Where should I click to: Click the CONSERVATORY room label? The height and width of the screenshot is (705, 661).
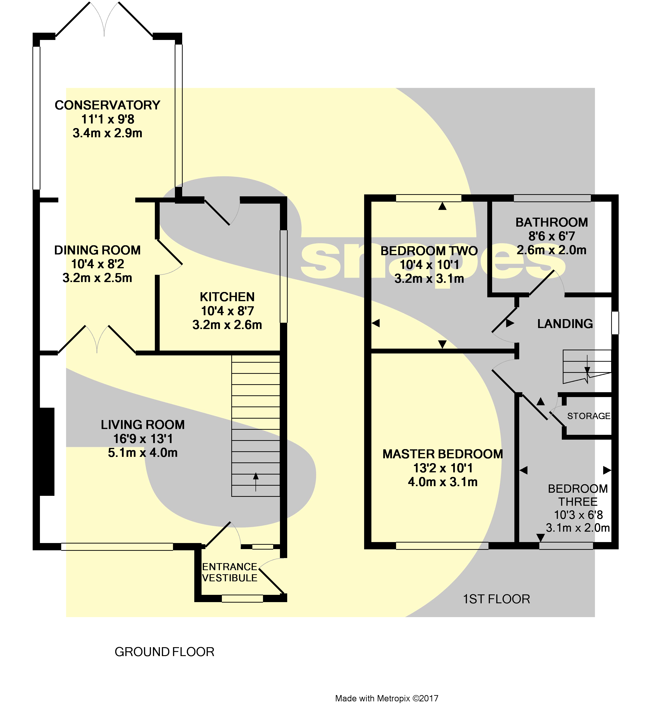click(x=107, y=105)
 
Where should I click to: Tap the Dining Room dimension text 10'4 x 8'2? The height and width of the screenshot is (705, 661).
click(x=98, y=264)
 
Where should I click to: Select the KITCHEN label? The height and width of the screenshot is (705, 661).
click(x=227, y=297)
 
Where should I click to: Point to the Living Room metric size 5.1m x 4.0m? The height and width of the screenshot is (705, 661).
click(x=143, y=453)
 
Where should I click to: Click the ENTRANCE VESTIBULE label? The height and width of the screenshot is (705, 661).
click(x=229, y=572)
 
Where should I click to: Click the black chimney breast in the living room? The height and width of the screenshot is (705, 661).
click(x=47, y=452)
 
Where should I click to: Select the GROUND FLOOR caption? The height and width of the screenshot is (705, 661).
click(x=165, y=652)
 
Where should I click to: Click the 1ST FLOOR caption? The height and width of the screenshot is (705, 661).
click(x=496, y=599)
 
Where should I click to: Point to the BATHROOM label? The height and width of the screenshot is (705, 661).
click(x=551, y=222)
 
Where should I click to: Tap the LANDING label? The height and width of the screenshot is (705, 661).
click(x=565, y=324)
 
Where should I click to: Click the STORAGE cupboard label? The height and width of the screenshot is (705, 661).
click(x=589, y=416)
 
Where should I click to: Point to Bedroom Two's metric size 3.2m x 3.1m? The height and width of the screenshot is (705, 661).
click(x=429, y=279)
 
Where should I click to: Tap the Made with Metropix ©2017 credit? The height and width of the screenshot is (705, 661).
click(x=387, y=698)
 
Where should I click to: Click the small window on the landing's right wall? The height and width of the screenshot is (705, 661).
click(x=615, y=323)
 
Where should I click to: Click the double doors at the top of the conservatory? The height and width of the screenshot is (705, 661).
click(x=104, y=20)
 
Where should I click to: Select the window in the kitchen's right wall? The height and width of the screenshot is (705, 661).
click(x=284, y=277)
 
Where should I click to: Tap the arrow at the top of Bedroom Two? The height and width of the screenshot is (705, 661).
click(x=442, y=206)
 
